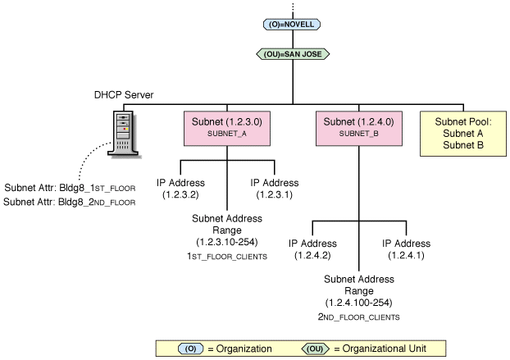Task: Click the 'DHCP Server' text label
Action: [125, 94]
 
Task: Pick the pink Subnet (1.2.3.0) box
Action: [226, 127]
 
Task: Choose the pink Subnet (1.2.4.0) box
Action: [358, 127]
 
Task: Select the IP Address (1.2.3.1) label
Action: [274, 189]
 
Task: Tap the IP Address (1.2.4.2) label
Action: [312, 250]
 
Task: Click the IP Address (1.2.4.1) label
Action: [407, 250]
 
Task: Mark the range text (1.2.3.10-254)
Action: [226, 243]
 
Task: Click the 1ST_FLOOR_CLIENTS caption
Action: [226, 257]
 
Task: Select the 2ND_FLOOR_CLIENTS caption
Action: [359, 317]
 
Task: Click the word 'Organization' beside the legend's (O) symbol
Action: [239, 349]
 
